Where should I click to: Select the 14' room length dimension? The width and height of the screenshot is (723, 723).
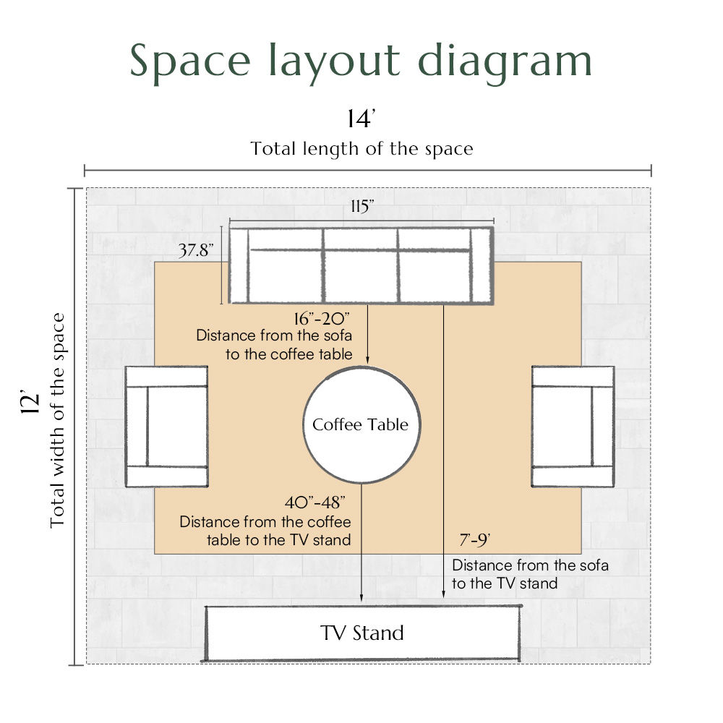[x=361, y=119]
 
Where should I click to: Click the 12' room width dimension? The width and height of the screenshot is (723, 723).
[x=30, y=403]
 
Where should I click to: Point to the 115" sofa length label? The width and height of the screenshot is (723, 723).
[x=362, y=206]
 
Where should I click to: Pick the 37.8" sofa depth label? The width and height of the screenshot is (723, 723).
[x=196, y=250]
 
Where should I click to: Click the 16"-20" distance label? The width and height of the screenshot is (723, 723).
[x=322, y=319]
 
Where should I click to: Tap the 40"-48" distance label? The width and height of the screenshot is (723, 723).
[x=315, y=502]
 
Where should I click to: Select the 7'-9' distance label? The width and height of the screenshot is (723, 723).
[x=474, y=539]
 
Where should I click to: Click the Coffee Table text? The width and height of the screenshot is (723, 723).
[x=360, y=424]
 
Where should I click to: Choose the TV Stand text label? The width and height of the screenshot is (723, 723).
[x=362, y=633]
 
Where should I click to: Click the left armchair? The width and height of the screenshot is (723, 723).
[x=167, y=427]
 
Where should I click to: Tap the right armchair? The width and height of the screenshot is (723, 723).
[x=573, y=427]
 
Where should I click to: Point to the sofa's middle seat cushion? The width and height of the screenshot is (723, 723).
[x=361, y=276]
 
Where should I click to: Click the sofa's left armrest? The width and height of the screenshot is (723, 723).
[x=239, y=265]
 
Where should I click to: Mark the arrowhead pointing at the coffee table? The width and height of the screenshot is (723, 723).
[x=367, y=360]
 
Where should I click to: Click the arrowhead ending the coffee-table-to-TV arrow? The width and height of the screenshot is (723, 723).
[x=361, y=598]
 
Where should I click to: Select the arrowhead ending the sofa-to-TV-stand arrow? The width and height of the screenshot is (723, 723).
[x=444, y=594]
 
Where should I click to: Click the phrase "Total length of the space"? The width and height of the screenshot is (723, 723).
[x=362, y=149]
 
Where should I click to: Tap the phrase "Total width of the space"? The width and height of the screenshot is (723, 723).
[x=57, y=421]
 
